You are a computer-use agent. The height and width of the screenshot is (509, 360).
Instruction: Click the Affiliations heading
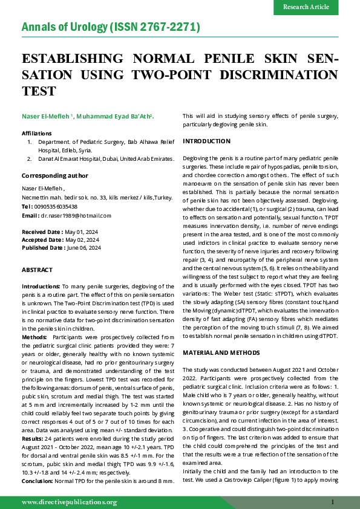pyautogui.click(x=37, y=132)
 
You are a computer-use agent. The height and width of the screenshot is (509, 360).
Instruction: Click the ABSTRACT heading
pyautogui.click(x=37, y=269)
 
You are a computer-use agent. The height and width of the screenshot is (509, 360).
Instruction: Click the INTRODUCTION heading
pyautogui.click(x=206, y=141)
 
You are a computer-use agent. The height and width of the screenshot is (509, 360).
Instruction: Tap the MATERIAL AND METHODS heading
pyautogui.click(x=221, y=352)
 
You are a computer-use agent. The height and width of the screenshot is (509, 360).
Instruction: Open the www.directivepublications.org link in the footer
pyautogui.click(x=69, y=502)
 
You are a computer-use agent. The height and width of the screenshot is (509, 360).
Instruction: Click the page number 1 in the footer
pyautogui.click(x=333, y=502)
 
